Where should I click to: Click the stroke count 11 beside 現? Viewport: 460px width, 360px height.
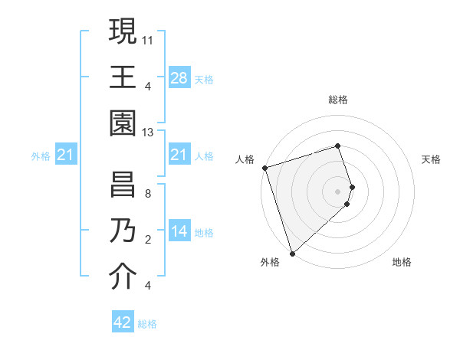tap(148, 38)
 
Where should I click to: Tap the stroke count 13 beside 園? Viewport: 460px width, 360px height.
tap(148, 133)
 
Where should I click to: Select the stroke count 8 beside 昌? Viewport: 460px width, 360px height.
tap(148, 194)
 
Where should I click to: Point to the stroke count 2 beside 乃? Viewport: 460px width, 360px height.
tap(148, 240)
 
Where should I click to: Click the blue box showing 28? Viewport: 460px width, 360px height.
tap(179, 77)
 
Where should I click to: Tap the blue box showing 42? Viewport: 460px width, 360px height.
tap(123, 322)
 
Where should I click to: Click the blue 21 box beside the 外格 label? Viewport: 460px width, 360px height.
tap(66, 155)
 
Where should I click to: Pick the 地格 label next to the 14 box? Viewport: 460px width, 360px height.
tap(204, 232)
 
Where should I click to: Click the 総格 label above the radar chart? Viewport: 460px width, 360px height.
tap(338, 100)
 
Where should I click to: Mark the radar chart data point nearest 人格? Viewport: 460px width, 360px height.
tap(264, 167)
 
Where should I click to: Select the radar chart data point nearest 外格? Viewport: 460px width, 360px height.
tap(292, 254)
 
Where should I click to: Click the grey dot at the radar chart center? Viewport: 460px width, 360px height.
tap(338, 191)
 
